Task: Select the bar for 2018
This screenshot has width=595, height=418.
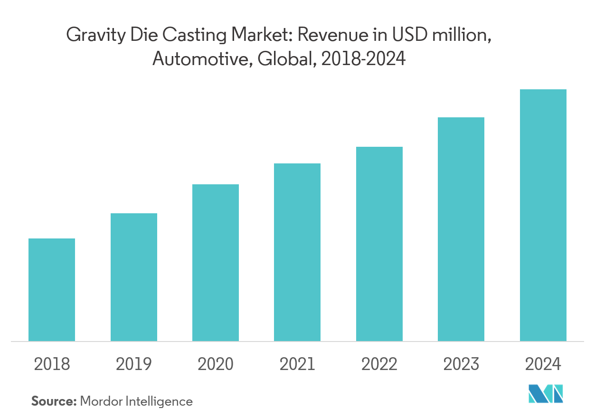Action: pos(52,290)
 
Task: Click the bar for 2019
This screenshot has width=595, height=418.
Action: pos(134,277)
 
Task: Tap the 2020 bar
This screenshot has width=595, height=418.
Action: pos(216,263)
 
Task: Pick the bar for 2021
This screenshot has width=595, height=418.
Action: pos(297,252)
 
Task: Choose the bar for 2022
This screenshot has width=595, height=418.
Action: pos(379,244)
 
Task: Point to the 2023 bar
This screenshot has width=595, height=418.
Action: pos(461,229)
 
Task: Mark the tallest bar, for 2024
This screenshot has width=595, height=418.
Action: pos(543,215)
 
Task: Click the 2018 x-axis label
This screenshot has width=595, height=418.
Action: pos(52,364)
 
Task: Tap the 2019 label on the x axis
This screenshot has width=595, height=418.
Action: pos(134,364)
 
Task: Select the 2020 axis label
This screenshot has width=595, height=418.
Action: pos(216,364)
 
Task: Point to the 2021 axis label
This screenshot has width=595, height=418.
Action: pos(297,364)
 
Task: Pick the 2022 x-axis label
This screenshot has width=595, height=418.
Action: pos(379,364)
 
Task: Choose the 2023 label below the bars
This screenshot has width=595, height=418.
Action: pos(461,364)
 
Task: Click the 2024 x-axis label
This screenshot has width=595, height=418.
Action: pos(543,364)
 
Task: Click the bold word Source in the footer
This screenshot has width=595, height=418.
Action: pos(53,401)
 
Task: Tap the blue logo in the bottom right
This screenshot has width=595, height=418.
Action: pos(546,394)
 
